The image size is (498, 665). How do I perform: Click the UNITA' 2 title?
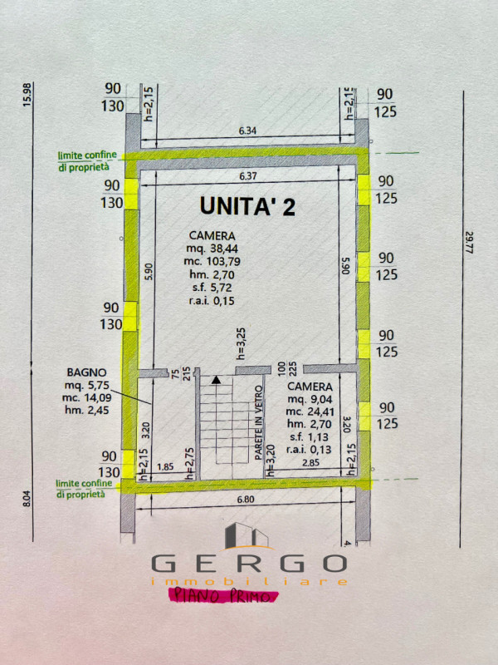tap(247, 206)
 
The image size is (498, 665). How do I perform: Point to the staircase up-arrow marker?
tap(217, 380)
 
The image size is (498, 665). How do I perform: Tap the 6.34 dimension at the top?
tap(247, 131)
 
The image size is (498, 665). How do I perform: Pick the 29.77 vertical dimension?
tap(470, 243)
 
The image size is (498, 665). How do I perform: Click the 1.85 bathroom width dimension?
tap(164, 467)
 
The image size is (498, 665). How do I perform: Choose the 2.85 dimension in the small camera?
tap(310, 461)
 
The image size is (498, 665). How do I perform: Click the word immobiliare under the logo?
tap(248, 582)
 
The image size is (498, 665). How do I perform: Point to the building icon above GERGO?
tap(247, 535)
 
